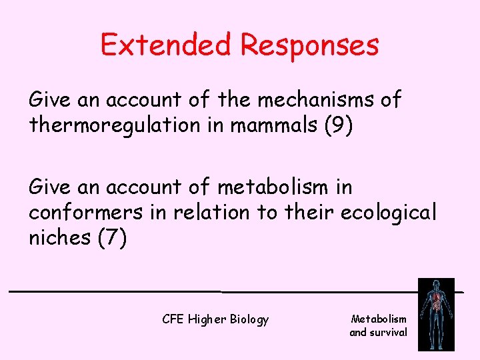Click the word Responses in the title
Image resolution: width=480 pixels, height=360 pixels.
pos(310,45)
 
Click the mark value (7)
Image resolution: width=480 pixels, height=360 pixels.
pos(111,237)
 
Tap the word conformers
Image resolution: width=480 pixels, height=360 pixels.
pos(85,213)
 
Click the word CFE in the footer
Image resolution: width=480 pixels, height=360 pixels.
pos(173,319)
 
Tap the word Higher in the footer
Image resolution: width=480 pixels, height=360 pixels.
pos(207,320)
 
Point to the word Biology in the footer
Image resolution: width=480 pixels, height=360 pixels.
pos(249,320)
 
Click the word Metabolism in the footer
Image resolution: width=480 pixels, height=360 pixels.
pos(378,319)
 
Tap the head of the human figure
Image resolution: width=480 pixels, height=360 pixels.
pos(435,286)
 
